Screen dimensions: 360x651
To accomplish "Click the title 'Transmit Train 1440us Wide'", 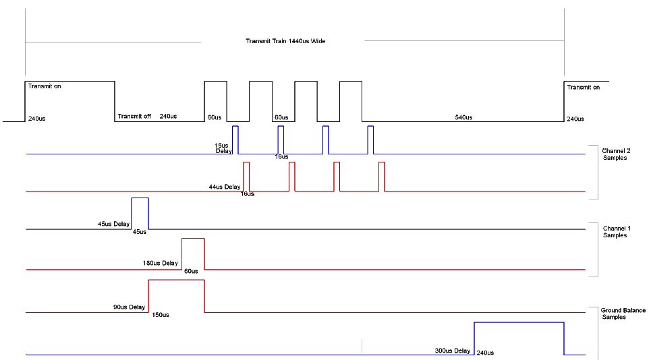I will point(285,41).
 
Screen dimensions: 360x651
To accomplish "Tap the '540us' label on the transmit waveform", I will point(463,117).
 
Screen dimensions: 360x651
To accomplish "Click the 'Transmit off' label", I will point(134,116).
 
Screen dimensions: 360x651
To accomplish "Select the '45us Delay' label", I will point(113,224).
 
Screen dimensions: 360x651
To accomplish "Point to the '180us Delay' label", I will point(161,263).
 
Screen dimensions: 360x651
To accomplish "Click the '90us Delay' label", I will point(129,307).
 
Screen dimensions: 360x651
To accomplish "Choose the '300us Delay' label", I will point(453,351).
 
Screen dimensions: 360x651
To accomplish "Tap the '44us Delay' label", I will point(224,187).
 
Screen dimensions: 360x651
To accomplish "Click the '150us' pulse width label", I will point(161,314).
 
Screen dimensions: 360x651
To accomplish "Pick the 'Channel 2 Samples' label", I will point(615,154).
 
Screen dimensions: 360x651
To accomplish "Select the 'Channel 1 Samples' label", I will point(615,231).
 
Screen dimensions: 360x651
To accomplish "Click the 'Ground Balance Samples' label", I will point(623,313).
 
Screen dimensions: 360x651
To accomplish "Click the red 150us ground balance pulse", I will point(176,296).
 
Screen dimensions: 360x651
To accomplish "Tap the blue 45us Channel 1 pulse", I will point(140,213).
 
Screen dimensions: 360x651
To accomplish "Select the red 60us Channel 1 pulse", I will point(193,253).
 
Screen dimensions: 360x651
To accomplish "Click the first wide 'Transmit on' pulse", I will point(69,101).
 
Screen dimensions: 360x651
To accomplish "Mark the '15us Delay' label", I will point(223,148).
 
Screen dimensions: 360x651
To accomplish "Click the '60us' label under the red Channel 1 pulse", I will point(191,271).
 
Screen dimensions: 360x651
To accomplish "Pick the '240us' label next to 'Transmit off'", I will point(169,116).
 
